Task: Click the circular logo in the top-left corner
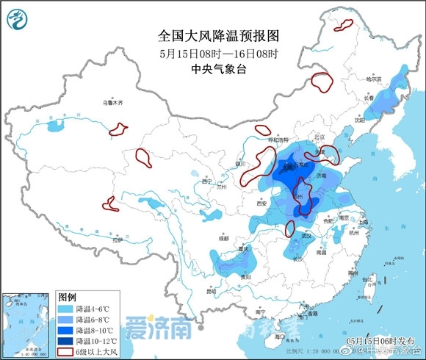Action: [18, 19]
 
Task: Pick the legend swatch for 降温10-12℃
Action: [68, 342]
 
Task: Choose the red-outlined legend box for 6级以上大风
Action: [68, 352]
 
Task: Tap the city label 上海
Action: [362, 221]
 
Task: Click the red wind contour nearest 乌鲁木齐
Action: [118, 131]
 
